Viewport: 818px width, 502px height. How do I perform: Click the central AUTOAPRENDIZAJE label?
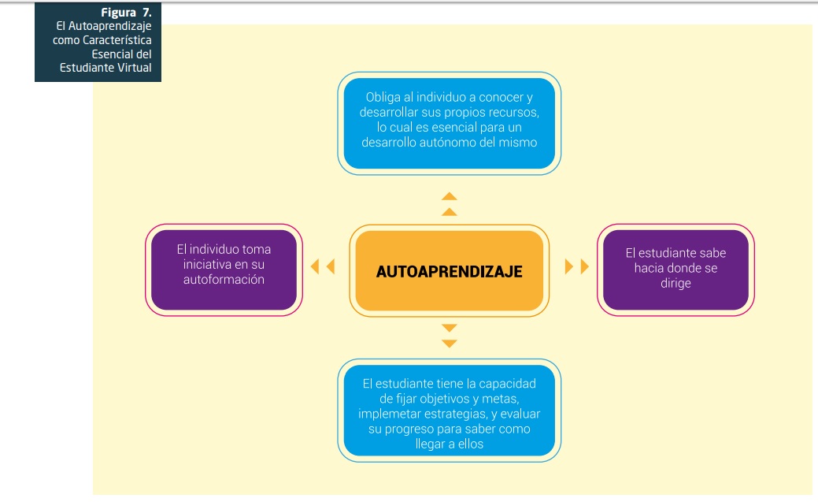449,271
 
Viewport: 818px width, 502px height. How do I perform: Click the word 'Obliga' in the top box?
383,97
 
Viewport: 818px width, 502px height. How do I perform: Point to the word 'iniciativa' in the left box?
207,264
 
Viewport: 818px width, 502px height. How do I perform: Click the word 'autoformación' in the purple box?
224,279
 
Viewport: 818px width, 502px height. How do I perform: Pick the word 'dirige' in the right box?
675,283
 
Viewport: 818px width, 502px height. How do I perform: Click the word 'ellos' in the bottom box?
468,444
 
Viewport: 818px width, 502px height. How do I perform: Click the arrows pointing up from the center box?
449,203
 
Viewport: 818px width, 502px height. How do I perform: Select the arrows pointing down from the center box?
449,335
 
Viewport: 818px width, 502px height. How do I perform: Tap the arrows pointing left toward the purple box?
323,266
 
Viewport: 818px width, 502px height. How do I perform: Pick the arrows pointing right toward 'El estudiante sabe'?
577,266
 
